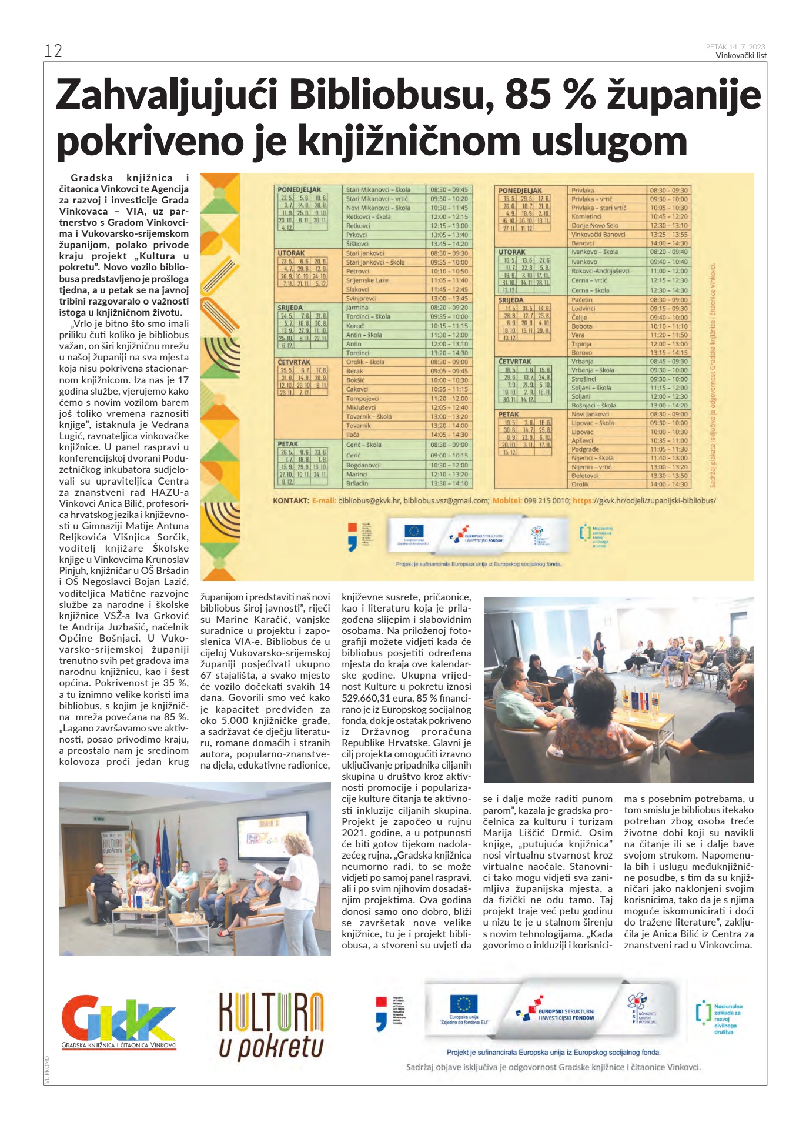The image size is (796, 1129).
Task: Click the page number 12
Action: [x=53, y=51]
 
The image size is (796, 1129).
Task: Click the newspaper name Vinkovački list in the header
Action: [x=741, y=56]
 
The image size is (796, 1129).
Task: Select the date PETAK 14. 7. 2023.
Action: [x=736, y=47]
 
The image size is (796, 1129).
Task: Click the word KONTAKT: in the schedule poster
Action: [x=291, y=501]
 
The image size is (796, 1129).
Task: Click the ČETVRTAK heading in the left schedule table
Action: [x=294, y=362]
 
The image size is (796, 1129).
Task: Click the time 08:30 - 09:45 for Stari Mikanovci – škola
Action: [x=449, y=190]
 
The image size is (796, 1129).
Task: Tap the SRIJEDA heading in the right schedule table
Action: [x=511, y=300]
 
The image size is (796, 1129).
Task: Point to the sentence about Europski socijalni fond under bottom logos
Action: [x=553, y=1052]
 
